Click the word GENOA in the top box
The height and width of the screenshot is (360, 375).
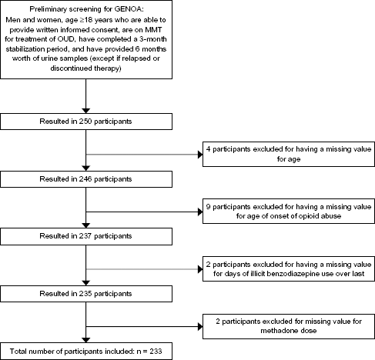(x=128, y=9)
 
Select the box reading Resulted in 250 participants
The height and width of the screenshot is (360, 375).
(x=86, y=122)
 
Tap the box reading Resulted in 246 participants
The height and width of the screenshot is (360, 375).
(x=86, y=179)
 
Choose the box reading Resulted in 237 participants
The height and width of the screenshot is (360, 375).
(x=86, y=236)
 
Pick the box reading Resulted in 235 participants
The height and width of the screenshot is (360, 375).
(x=86, y=294)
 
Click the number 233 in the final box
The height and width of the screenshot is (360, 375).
(x=156, y=352)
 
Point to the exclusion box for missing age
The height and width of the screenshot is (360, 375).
(x=289, y=154)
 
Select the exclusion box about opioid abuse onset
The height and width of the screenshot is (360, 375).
(x=289, y=212)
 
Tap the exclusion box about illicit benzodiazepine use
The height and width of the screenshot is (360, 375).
(x=289, y=268)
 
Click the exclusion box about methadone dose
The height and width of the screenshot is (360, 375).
(x=289, y=326)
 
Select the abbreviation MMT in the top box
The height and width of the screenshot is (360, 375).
(x=153, y=30)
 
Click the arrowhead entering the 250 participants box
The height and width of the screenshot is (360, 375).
(x=86, y=111)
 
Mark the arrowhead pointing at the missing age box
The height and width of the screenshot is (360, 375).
(x=200, y=155)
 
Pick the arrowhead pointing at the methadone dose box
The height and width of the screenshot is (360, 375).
(x=200, y=327)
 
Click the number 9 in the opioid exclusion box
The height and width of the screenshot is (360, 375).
(x=208, y=207)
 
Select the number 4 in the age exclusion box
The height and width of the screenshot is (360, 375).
(x=208, y=149)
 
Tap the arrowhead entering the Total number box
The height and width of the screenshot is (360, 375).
(x=86, y=340)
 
